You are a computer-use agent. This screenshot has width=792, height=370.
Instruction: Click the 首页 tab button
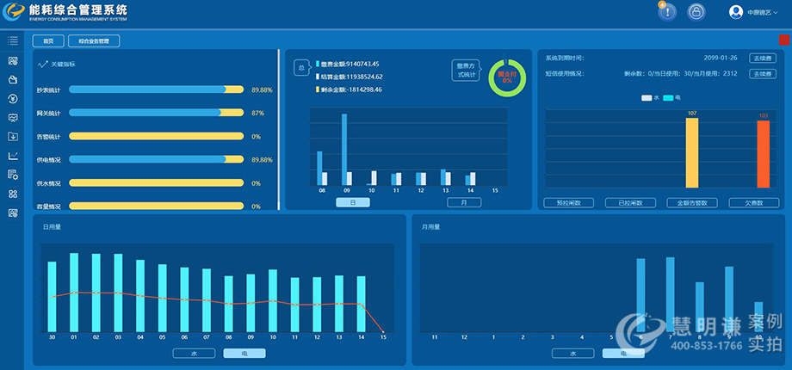[48, 40]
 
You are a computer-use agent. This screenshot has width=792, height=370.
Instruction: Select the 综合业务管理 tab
[94, 40]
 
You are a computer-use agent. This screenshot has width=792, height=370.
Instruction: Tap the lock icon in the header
[695, 12]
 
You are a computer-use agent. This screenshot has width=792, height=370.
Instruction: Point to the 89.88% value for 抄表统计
[262, 89]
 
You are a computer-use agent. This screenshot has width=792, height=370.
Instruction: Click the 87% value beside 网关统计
[257, 113]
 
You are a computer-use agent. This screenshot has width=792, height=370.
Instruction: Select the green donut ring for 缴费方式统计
[507, 77]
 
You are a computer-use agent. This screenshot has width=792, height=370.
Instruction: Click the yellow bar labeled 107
[692, 152]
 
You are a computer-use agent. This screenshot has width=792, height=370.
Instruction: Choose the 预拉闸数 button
[568, 203]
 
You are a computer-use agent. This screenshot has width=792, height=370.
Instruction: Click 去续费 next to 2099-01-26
[762, 58]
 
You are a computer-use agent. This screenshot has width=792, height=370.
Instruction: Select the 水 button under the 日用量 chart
[194, 353]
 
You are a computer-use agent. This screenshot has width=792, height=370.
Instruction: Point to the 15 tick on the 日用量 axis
[383, 337]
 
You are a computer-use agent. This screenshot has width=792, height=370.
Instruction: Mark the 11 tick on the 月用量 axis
[435, 337]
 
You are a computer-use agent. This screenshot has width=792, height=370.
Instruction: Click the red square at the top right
[783, 40]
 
